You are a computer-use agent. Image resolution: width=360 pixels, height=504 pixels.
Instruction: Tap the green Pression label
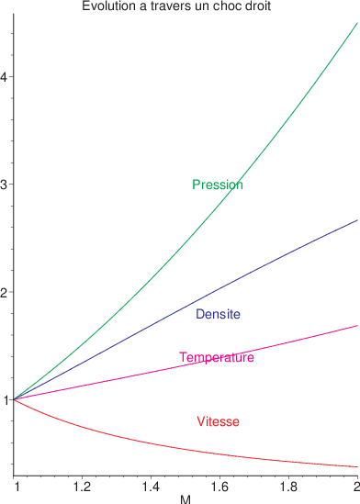click(x=218, y=185)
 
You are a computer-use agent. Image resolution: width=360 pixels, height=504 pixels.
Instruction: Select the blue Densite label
click(x=219, y=314)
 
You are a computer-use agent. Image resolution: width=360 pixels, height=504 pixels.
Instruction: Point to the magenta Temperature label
click(x=217, y=357)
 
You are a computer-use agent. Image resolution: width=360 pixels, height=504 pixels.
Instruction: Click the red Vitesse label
click(x=219, y=421)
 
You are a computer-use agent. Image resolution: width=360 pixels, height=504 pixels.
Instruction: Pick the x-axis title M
click(x=186, y=498)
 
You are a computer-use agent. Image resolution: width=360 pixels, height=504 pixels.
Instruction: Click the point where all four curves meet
click(x=15, y=399)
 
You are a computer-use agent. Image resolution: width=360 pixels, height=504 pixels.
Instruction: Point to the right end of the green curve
click(x=357, y=22)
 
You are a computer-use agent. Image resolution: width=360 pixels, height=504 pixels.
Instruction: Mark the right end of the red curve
click(x=357, y=466)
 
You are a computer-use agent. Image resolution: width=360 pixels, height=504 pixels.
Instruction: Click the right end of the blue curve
click(x=357, y=220)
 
